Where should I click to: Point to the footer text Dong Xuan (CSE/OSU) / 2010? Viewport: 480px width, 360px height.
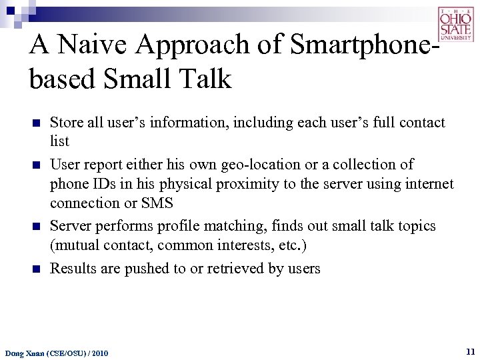[x=57, y=352]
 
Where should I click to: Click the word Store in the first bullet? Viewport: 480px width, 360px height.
[x=67, y=123]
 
